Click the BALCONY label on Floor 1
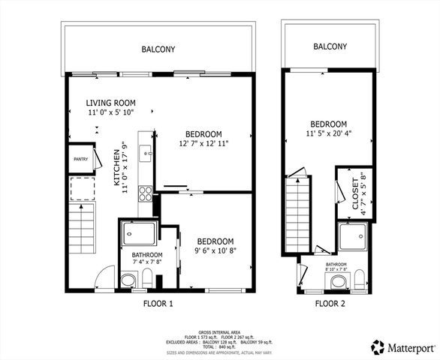pyautogui.click(x=158, y=50)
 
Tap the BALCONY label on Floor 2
pyautogui.click(x=330, y=46)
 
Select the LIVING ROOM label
pyautogui.click(x=110, y=103)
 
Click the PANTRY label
pyautogui.click(x=81, y=160)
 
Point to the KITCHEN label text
pyautogui.click(x=117, y=166)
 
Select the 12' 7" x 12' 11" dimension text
pyautogui.click(x=203, y=142)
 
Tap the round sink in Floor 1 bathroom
pyautogui.click(x=147, y=280)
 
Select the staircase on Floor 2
pyautogui.click(x=296, y=214)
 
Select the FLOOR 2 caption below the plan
pyautogui.click(x=330, y=304)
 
